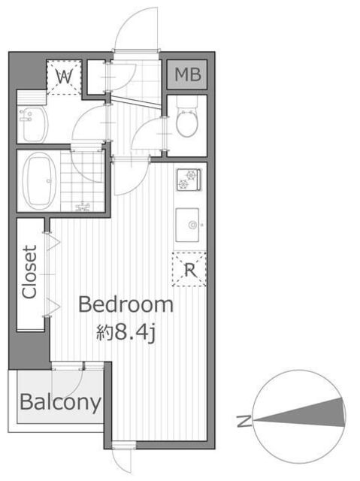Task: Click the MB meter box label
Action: (x=188, y=74)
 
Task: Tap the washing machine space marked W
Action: (x=65, y=77)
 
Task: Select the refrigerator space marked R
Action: (x=189, y=269)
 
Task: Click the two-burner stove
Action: (x=189, y=180)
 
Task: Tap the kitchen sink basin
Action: (x=187, y=225)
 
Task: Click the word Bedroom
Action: (x=126, y=304)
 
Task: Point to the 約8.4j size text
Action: (x=126, y=333)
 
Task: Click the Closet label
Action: (x=30, y=271)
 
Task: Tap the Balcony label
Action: (x=60, y=402)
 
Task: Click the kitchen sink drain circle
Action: (x=193, y=225)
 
